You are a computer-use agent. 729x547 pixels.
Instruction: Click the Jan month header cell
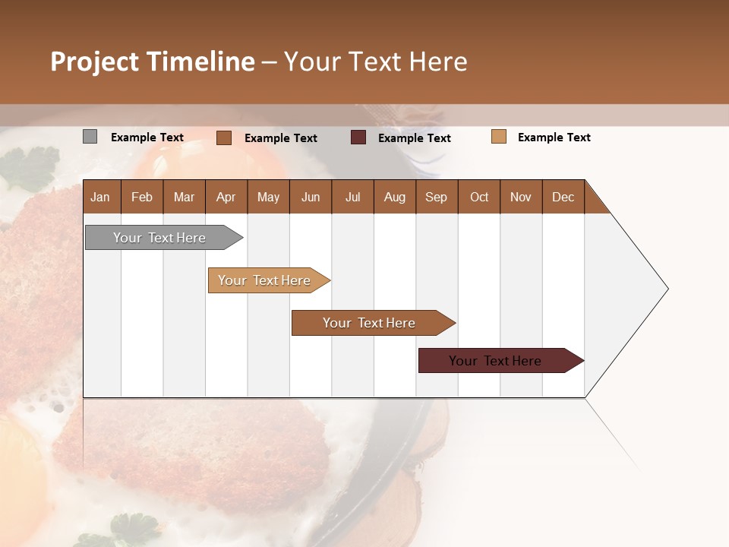[100, 197]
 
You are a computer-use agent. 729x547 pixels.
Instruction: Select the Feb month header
[142, 197]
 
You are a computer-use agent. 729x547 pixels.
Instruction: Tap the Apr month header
[226, 197]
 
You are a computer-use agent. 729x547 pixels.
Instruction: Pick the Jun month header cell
[310, 197]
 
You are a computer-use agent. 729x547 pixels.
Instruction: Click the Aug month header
[394, 197]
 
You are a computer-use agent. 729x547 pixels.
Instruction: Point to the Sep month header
[436, 197]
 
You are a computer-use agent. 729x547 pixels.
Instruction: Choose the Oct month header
[479, 197]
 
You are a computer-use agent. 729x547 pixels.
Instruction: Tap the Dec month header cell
[563, 197]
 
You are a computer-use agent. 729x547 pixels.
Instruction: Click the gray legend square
[90, 137]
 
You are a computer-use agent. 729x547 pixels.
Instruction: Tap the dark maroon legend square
[358, 138]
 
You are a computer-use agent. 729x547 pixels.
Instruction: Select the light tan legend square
[498, 137]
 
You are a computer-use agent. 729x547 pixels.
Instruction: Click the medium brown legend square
[224, 138]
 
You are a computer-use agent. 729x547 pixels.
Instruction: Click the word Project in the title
[94, 62]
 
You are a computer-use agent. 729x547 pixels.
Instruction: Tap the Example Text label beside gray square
[147, 138]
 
